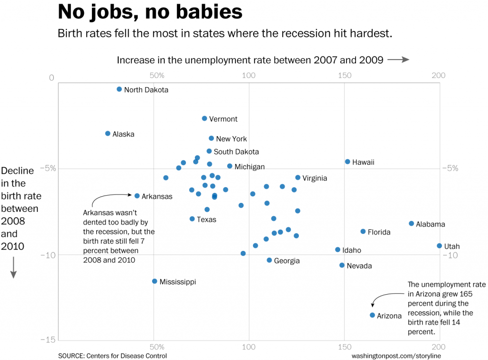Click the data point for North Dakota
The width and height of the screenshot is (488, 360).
[x=119, y=89]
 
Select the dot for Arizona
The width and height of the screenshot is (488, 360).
[x=372, y=315]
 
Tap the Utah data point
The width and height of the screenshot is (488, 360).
[x=439, y=246]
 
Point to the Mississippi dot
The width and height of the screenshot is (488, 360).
[x=154, y=281]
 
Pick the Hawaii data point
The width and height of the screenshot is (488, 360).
[x=347, y=162]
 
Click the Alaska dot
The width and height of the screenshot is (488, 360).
[x=108, y=133]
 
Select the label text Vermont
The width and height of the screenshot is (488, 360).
[x=223, y=119]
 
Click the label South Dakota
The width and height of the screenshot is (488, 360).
[x=236, y=152]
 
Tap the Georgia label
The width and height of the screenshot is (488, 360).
[x=287, y=261]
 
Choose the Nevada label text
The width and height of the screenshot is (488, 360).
[x=359, y=266]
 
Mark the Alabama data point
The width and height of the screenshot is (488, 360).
[x=411, y=223]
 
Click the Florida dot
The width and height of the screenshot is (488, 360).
[x=363, y=231]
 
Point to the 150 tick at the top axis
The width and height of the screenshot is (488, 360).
[x=345, y=75]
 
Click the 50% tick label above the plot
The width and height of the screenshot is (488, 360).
[x=157, y=75]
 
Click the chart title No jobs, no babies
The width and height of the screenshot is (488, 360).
[x=150, y=12]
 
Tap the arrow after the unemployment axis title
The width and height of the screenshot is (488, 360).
[x=398, y=60]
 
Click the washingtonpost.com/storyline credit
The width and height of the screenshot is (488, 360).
[x=396, y=355]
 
